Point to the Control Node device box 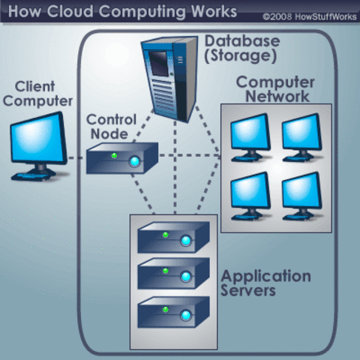point(120,159)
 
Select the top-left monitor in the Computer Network point(249,136)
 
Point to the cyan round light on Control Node point(135,161)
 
